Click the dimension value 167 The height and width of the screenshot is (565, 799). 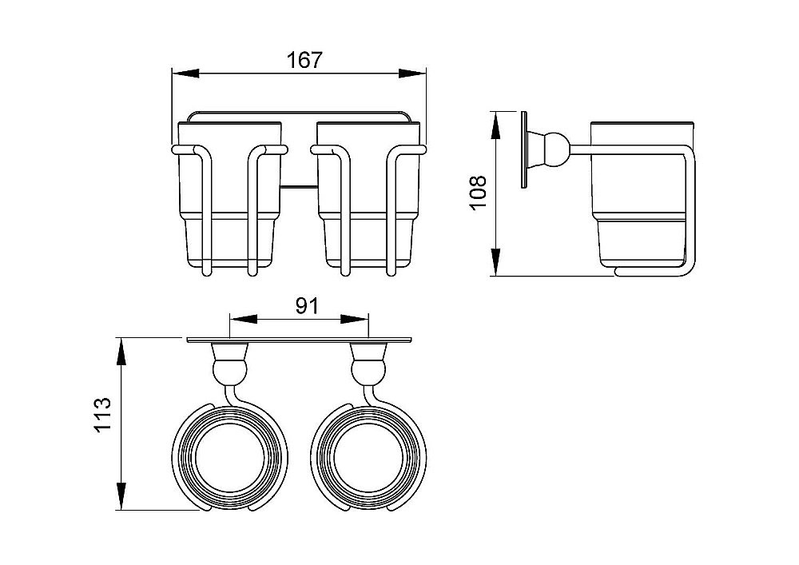[x=304, y=60]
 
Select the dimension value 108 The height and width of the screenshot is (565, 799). [x=479, y=193]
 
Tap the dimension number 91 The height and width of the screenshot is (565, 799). [x=307, y=306]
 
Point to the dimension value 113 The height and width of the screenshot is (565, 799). [x=103, y=416]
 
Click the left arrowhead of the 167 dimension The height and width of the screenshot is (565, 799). [x=185, y=74]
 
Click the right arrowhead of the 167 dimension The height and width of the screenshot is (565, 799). [x=412, y=74]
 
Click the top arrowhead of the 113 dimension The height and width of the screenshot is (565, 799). [x=121, y=352]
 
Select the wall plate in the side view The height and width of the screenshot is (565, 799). [x=524, y=149]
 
